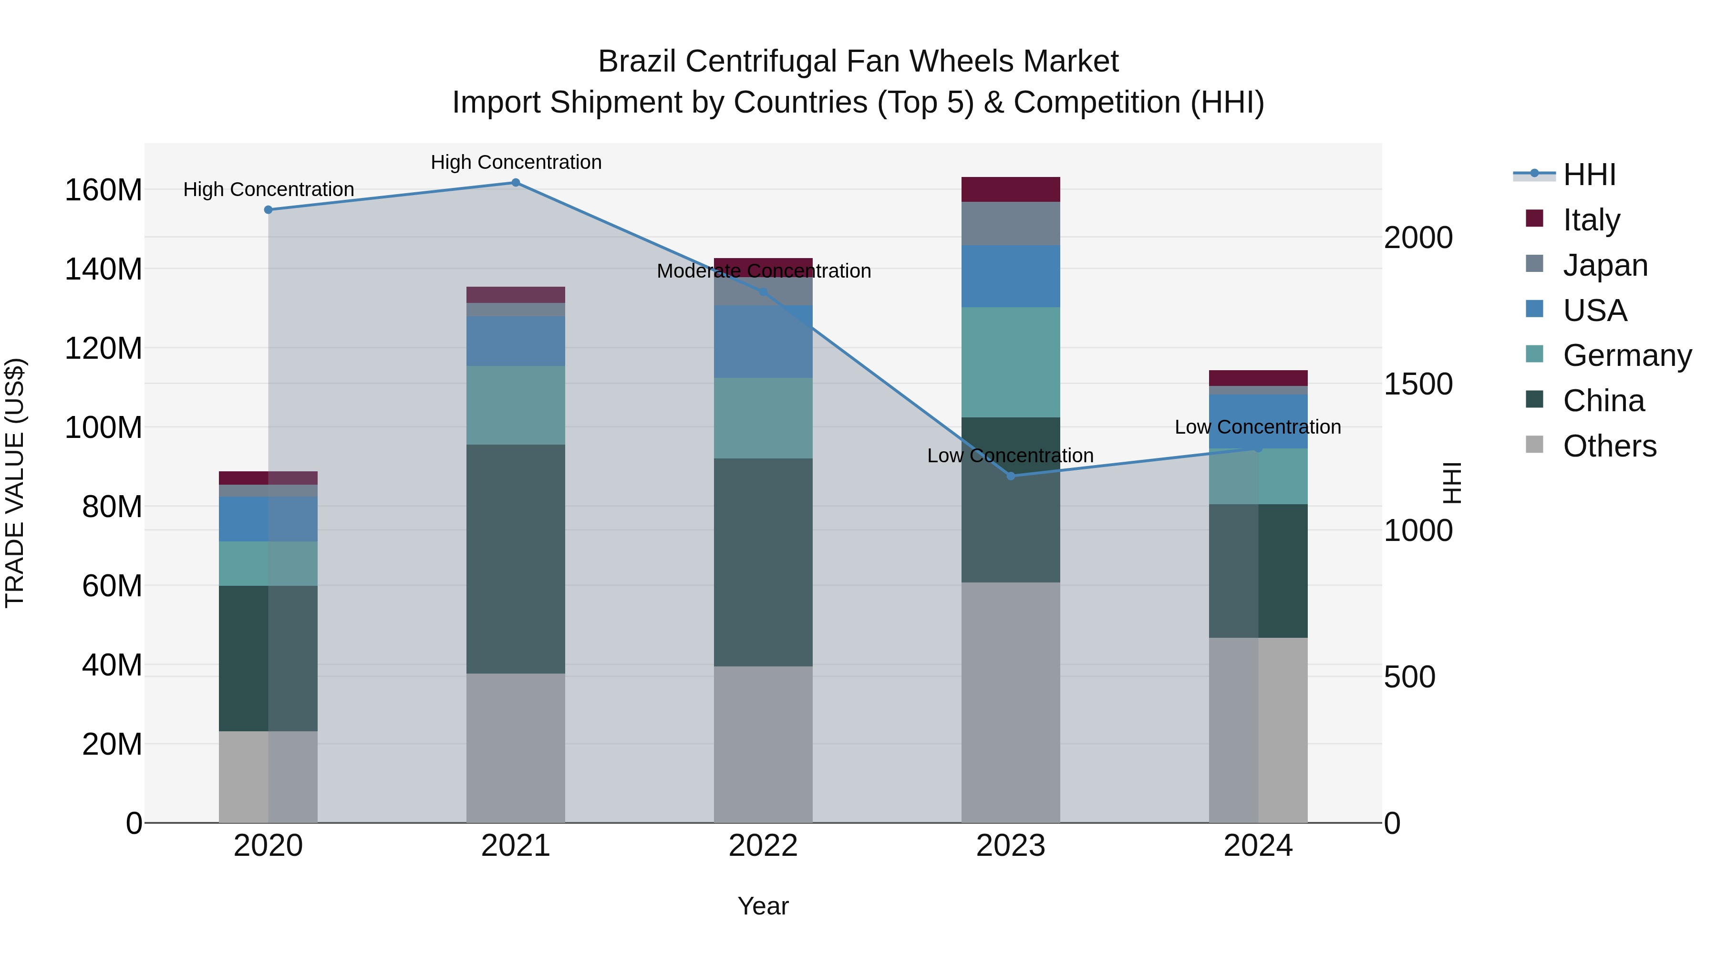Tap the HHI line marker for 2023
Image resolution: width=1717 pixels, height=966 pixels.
click(1011, 476)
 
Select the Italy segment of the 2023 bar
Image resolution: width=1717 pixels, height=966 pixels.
click(1011, 189)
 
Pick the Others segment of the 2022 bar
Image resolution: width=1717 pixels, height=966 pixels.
click(763, 744)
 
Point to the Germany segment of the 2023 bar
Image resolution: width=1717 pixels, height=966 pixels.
click(1011, 362)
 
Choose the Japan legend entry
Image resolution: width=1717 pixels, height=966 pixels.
click(1605, 265)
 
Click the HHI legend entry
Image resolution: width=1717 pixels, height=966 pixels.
click(1589, 175)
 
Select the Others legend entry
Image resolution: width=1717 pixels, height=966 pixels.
click(1609, 446)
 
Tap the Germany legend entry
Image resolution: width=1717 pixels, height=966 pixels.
click(1626, 355)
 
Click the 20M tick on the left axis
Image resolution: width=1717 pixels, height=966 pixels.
click(112, 745)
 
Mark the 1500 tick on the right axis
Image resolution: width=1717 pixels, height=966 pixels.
click(1418, 384)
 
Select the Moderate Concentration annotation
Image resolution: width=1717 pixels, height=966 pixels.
click(764, 271)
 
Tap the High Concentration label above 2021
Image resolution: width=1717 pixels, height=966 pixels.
click(516, 163)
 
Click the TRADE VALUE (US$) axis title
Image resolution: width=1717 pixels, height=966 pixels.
click(15, 483)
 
